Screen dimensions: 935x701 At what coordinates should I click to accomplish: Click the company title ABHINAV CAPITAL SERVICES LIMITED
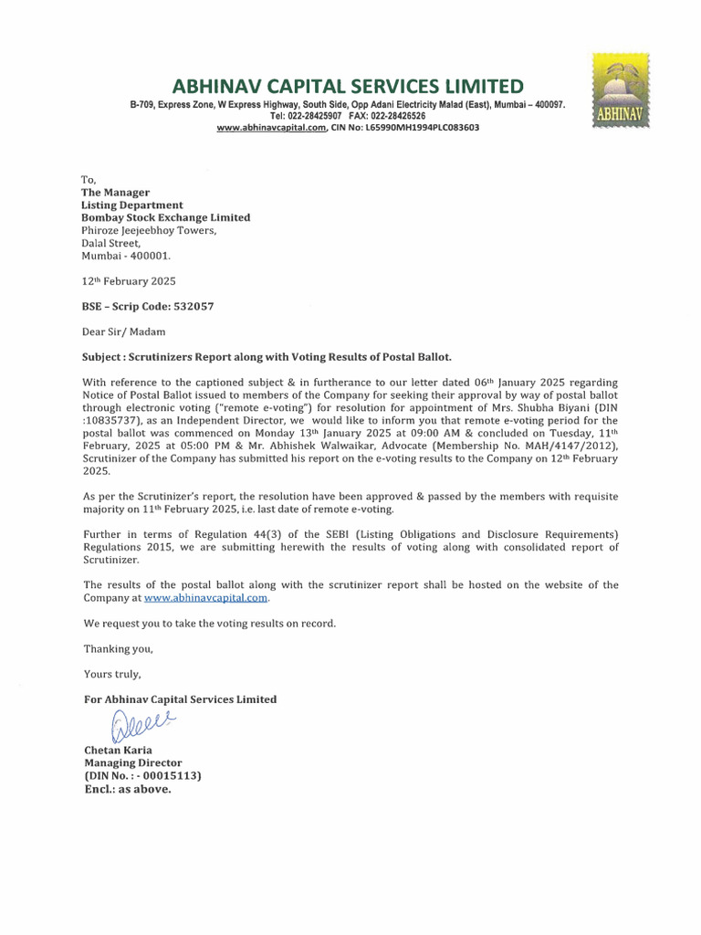[x=349, y=87]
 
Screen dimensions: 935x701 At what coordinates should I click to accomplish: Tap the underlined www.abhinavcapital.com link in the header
[x=271, y=128]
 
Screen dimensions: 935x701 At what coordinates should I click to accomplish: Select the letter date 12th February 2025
[x=129, y=282]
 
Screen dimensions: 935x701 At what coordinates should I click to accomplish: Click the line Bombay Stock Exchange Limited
[x=166, y=217]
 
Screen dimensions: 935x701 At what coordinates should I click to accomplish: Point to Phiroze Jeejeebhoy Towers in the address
[x=150, y=231]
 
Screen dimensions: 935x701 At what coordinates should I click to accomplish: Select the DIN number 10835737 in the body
[x=115, y=408]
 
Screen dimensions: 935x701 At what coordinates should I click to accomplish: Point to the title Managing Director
[x=132, y=762]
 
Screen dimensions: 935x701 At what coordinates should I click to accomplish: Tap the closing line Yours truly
[x=112, y=674]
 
